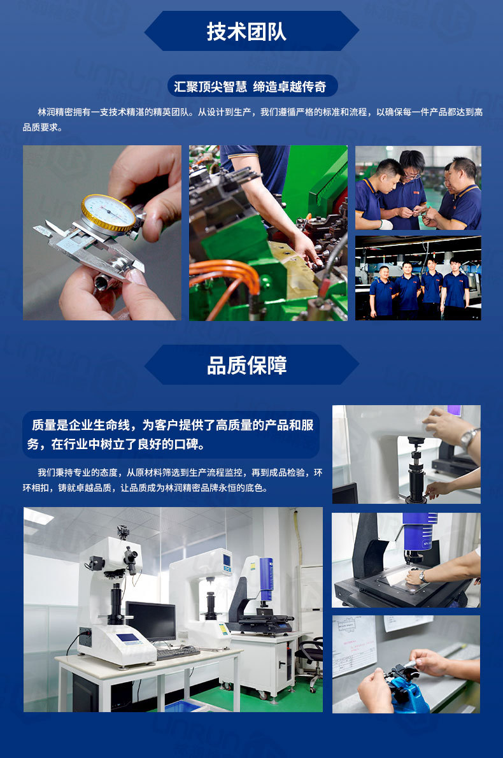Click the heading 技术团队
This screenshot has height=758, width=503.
[x=246, y=31]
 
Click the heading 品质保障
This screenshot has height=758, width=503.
[x=246, y=365]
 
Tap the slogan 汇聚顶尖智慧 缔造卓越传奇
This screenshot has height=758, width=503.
[x=251, y=87]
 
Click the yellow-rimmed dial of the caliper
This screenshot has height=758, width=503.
[x=108, y=213]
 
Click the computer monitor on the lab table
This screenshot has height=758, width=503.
[x=151, y=622]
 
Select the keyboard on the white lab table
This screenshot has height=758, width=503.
[x=178, y=652]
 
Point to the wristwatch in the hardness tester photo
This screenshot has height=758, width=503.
[x=469, y=437]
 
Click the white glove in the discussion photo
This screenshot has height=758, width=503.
[x=386, y=224]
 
